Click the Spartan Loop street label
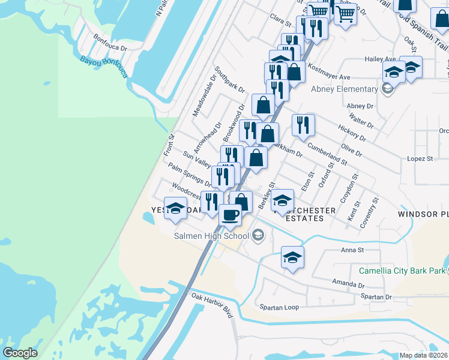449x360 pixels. tap(279, 307)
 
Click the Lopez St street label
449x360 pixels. tap(420, 159)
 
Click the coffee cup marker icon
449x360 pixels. tap(229, 214)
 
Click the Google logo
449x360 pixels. tap(20, 353)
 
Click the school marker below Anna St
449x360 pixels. tap(292, 257)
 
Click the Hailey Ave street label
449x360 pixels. tap(381, 59)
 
